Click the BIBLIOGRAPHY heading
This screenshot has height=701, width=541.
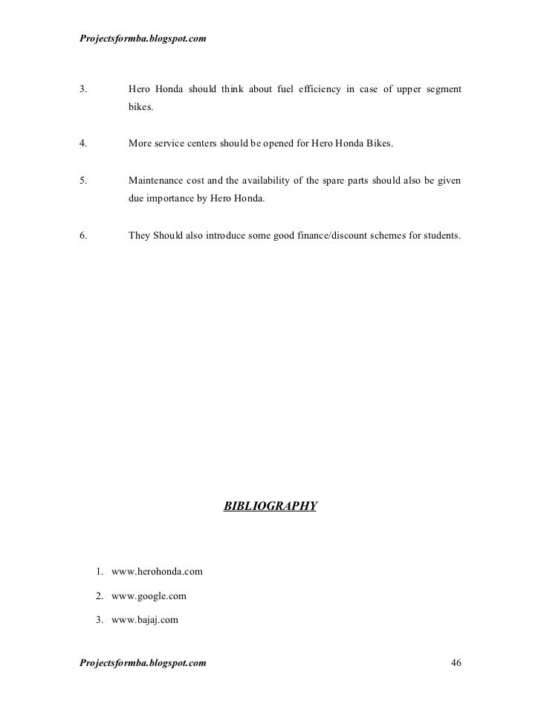270,506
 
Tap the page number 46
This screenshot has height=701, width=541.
456,662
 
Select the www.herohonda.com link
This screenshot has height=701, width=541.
157,572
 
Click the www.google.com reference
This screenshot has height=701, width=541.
149,595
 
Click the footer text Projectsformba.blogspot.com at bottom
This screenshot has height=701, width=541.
142,662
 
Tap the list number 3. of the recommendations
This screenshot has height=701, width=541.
82,91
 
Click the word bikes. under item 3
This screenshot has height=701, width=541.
140,109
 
